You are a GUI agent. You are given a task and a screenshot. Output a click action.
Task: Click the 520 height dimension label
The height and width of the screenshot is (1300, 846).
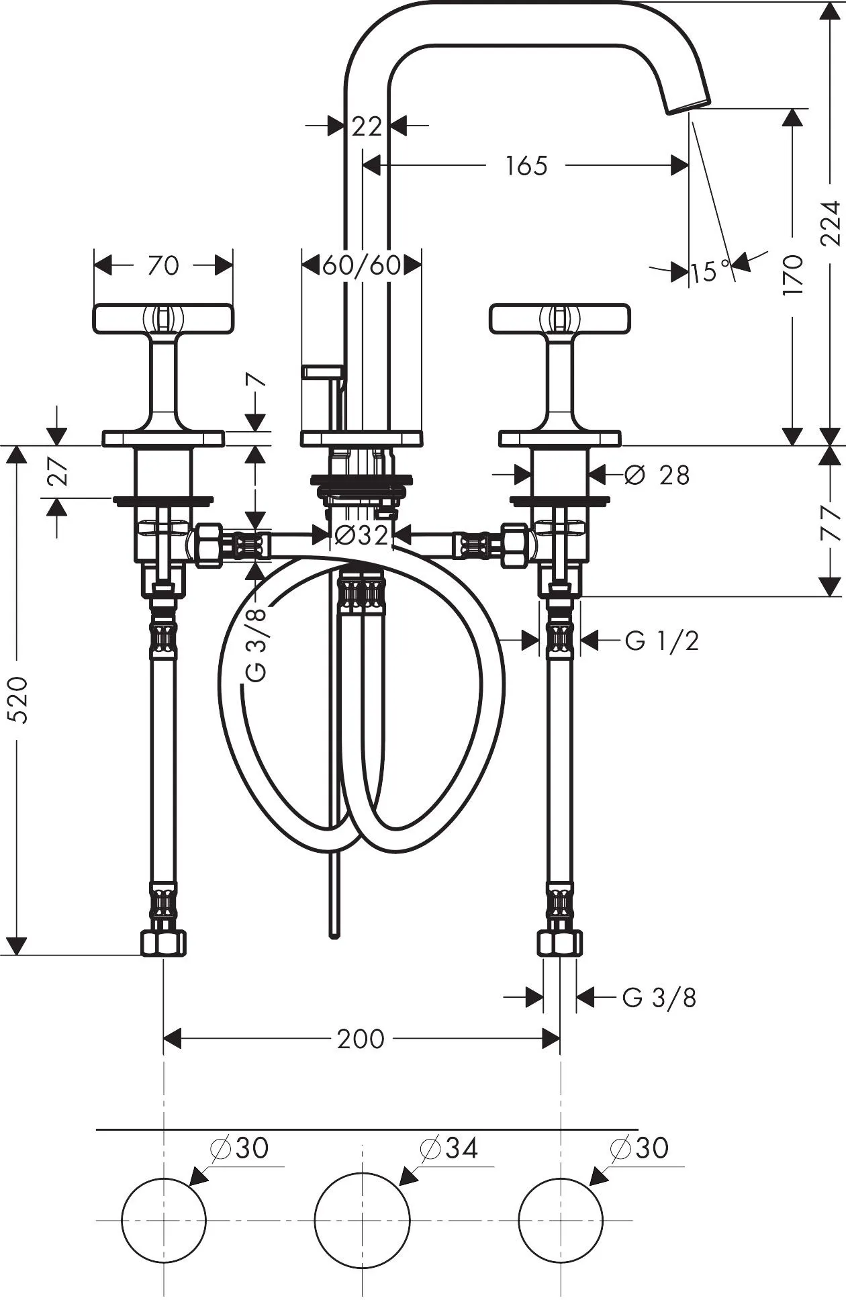coord(21,700)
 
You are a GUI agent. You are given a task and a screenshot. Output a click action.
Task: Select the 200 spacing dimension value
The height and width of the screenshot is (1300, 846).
coord(361,1039)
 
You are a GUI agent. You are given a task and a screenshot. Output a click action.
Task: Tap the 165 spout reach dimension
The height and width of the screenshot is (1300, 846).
coord(526,165)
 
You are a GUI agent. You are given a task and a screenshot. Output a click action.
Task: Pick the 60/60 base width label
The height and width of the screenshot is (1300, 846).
coord(362,266)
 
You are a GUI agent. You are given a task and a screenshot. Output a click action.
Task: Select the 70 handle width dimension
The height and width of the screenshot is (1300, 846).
coord(163,265)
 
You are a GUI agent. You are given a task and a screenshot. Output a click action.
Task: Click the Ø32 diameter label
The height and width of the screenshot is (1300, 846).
coord(361,535)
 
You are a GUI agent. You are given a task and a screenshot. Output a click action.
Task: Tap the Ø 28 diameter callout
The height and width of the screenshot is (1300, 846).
coord(657,475)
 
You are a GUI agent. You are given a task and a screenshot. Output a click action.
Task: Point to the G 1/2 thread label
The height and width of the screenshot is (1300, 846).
coord(662,641)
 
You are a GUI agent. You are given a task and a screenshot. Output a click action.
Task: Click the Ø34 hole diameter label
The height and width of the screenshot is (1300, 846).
coord(449,1148)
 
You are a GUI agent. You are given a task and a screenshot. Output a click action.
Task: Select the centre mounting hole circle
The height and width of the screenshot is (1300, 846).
coord(362,1219)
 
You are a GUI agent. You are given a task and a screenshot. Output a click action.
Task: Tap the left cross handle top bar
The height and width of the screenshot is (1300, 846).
coord(163,318)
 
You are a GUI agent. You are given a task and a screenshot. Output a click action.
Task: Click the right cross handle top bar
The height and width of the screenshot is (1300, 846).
coord(560,318)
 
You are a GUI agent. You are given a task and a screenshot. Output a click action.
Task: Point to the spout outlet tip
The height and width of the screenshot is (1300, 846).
coord(688,107)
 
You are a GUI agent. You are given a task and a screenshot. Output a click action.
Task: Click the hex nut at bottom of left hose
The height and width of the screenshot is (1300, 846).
coord(163,942)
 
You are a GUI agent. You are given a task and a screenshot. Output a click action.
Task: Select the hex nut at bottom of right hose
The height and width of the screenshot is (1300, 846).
coord(560,942)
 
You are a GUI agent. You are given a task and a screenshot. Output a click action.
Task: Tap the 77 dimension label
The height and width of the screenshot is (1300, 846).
coord(831,522)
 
